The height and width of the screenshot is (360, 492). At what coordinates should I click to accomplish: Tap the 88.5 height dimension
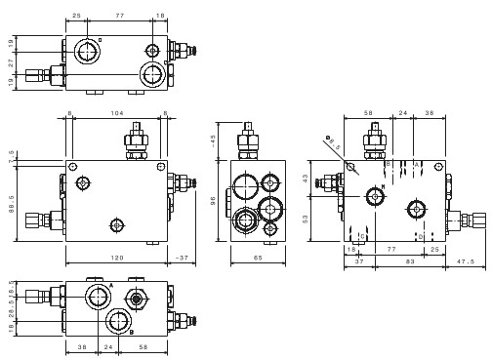[x=11, y=201]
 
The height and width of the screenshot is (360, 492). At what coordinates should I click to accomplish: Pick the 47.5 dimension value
[x=466, y=260]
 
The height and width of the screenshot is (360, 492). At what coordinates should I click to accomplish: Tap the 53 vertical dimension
[x=306, y=219]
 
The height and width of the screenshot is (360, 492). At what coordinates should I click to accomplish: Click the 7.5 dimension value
[x=11, y=153]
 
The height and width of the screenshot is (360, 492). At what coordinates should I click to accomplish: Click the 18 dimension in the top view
[x=160, y=17]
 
